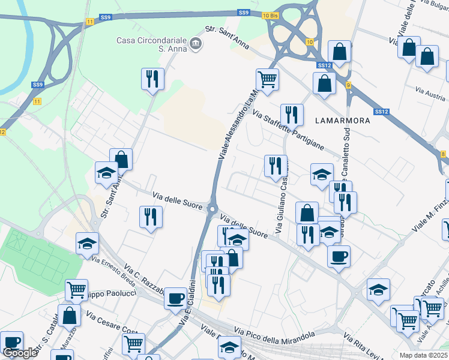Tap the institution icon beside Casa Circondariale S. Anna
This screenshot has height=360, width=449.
196,44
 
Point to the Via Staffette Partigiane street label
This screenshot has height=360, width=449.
288,130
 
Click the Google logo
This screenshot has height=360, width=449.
20,353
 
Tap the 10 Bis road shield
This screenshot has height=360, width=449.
271,14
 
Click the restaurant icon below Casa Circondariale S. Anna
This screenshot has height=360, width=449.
152,79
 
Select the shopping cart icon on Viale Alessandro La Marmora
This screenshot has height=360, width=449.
267,79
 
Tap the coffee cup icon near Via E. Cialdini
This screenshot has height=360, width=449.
175,298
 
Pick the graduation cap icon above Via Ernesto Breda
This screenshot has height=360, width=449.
87,243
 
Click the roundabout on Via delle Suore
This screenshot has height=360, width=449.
212,209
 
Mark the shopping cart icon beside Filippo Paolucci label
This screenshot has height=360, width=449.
76,290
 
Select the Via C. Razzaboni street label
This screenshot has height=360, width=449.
144,279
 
